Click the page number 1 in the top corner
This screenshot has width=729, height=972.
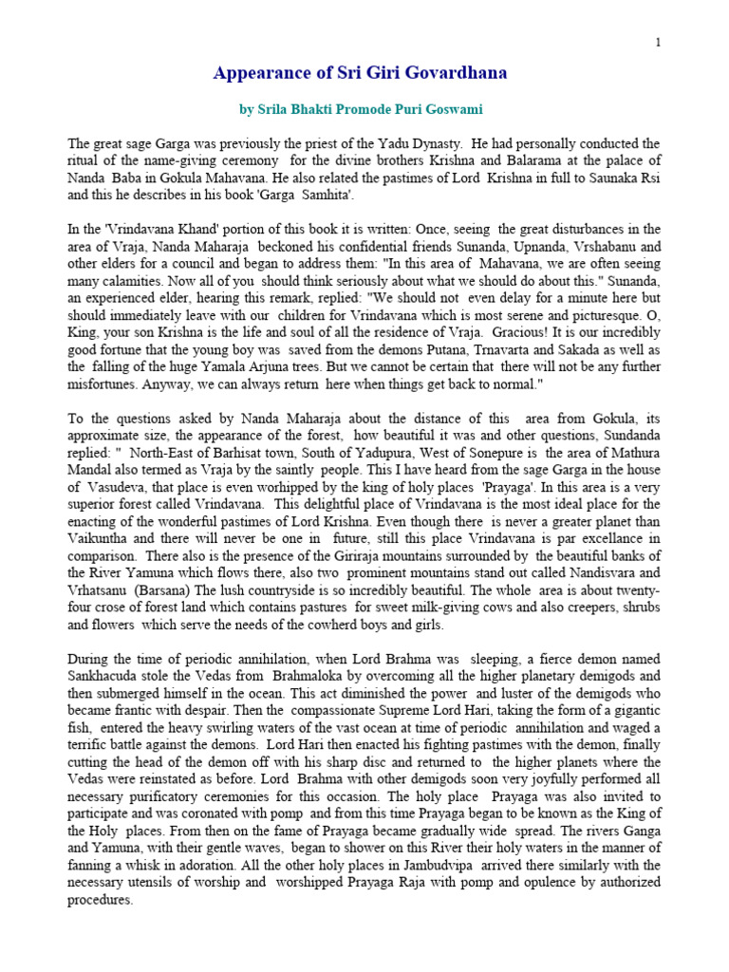pos(657,42)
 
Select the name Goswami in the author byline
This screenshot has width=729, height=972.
pos(460,109)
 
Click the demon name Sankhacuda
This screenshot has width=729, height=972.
pos(106,674)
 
